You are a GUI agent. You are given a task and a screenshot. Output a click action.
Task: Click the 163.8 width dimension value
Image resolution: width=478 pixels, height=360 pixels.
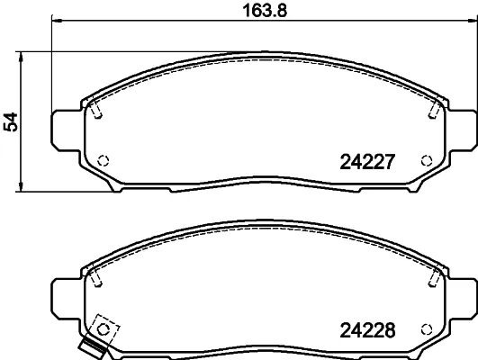[265, 11]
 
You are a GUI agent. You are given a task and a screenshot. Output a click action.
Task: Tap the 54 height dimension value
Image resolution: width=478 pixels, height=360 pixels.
[11, 121]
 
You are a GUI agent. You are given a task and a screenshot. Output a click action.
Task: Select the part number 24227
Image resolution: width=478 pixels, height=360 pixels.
[367, 162]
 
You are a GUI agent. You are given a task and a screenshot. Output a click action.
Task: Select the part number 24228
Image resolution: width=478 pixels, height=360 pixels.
[367, 330]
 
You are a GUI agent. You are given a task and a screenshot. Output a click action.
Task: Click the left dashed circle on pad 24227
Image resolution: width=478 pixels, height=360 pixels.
[103, 160]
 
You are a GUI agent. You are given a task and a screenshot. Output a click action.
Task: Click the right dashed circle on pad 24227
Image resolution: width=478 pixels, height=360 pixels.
[427, 160]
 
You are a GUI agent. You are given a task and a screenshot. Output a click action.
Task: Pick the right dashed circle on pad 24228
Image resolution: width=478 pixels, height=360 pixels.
[427, 329]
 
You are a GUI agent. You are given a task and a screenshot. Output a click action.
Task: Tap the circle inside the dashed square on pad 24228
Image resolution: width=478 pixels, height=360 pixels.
[103, 329]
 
